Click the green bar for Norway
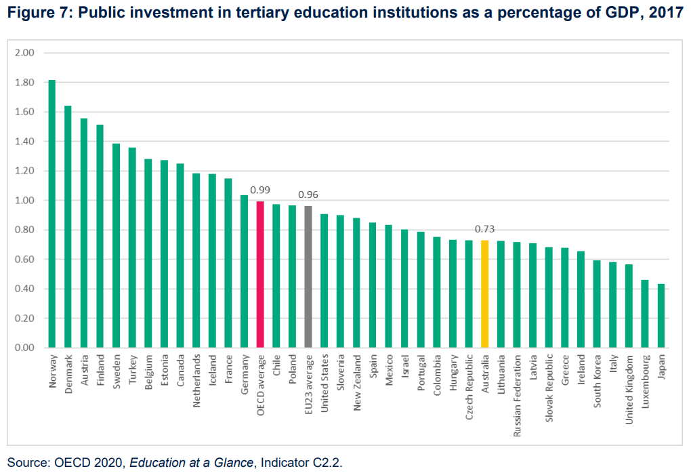pyautogui.click(x=52, y=213)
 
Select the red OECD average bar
pyautogui.click(x=260, y=274)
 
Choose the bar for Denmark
pyautogui.click(x=68, y=226)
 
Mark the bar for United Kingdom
pyautogui.click(x=629, y=306)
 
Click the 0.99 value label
pyautogui.click(x=260, y=190)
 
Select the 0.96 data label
pyautogui.click(x=308, y=194)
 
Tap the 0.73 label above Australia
pyautogui.click(x=484, y=229)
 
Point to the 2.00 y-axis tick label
pyautogui.click(x=24, y=53)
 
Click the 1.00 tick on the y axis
pyautogui.click(x=24, y=201)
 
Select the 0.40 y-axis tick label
pyautogui.click(x=24, y=289)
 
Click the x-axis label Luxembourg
pyautogui.click(x=645, y=377)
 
